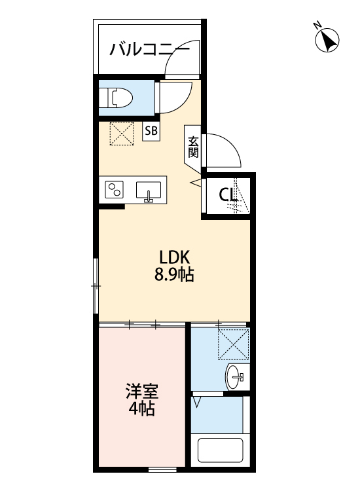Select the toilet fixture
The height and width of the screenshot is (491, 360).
[118, 98]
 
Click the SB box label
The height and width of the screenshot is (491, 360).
[151, 131]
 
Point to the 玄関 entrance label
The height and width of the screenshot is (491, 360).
[194, 147]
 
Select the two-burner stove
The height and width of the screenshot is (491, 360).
[115, 191]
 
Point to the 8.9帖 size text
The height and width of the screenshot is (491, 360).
[174, 275]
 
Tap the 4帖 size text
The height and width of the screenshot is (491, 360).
[142, 410]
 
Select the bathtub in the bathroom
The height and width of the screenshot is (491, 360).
[220, 452]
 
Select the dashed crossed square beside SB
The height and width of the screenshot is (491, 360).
[122, 134]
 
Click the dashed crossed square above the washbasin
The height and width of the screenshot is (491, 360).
[234, 344]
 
